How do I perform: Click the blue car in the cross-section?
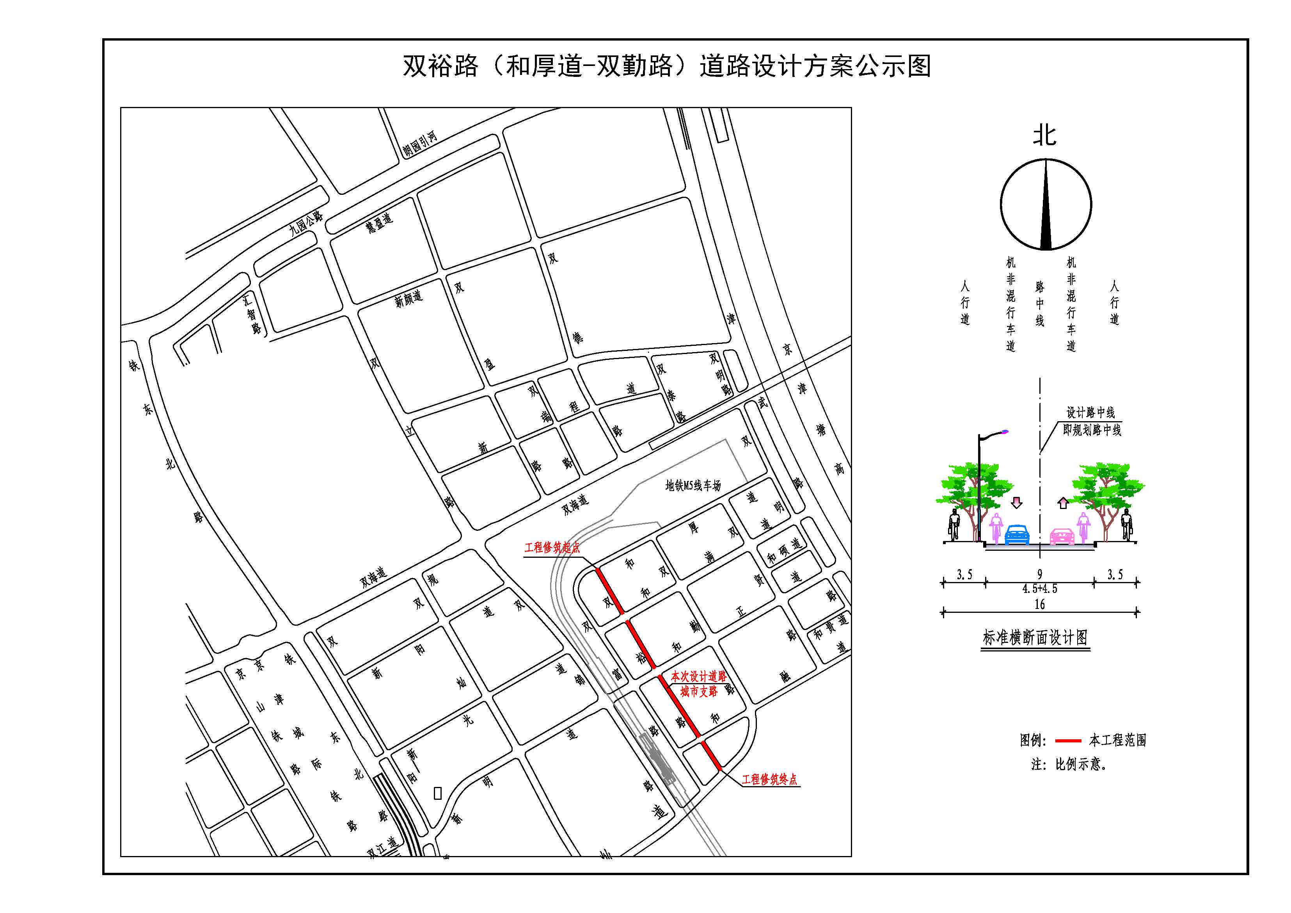(1017, 535)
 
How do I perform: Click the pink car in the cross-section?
(1062, 537)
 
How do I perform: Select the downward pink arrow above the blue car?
(1017, 502)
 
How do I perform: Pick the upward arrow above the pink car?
(1063, 503)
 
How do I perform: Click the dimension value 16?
(1040, 605)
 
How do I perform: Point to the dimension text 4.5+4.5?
(1040, 589)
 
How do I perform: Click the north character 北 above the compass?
(1045, 135)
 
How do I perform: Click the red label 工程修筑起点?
(552, 547)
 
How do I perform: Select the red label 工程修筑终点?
(769, 780)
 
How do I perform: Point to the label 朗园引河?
(419, 144)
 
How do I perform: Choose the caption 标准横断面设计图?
(1035, 638)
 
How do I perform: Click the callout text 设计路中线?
(1090, 413)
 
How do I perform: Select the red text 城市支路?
(699, 691)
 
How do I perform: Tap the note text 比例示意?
(1080, 765)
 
